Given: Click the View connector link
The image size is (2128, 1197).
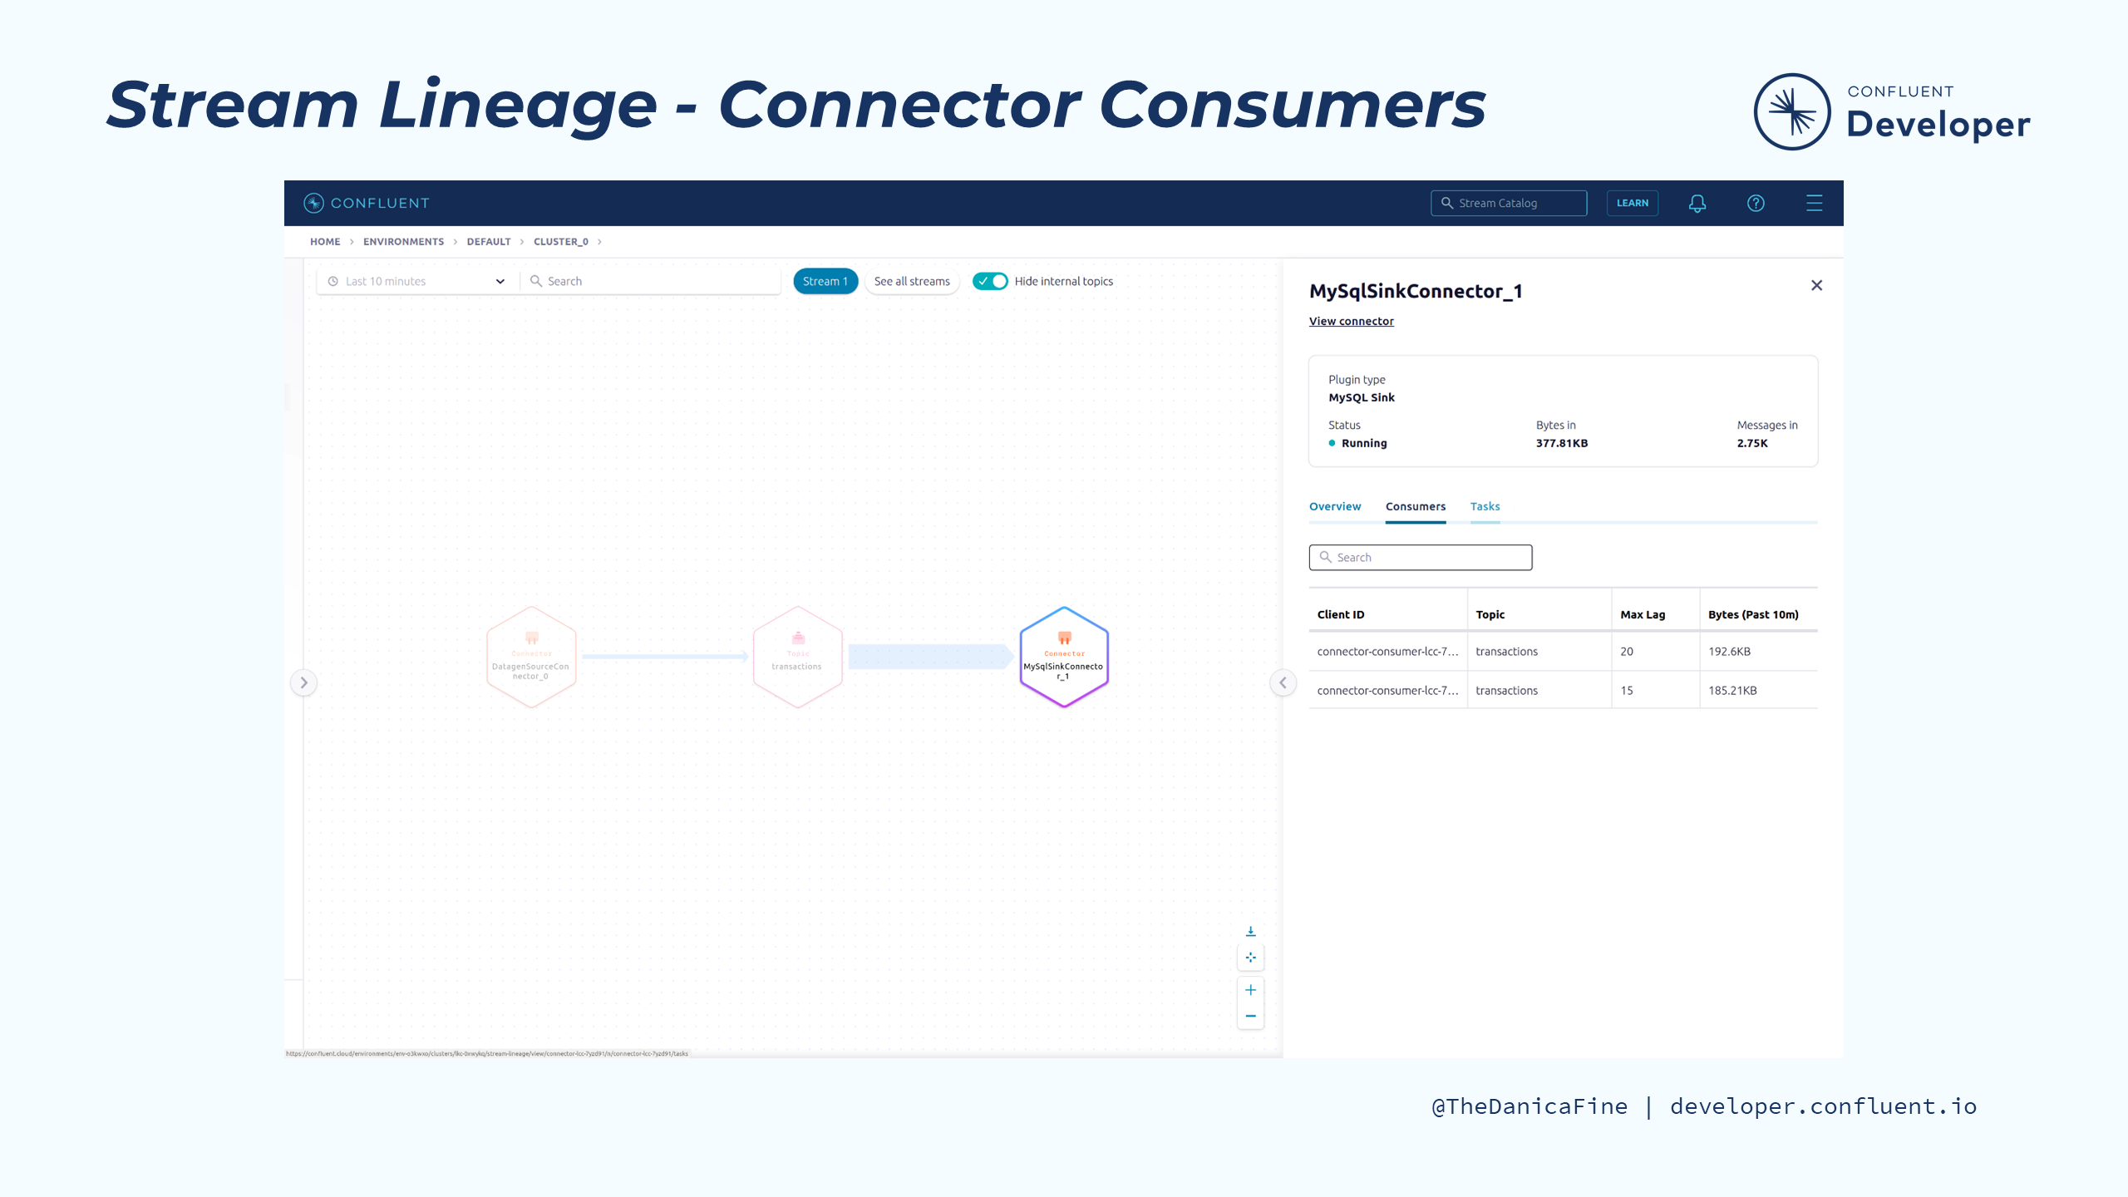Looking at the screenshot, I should pyautogui.click(x=1351, y=322).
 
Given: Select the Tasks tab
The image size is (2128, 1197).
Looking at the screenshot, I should pyautogui.click(x=1485, y=506).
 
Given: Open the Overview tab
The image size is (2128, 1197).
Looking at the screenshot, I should pyautogui.click(x=1335, y=506).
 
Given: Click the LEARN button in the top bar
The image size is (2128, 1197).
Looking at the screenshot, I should pyautogui.click(x=1632, y=203).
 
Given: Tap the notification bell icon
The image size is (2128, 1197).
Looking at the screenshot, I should pyautogui.click(x=1697, y=204).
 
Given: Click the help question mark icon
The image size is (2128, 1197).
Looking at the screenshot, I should pyautogui.click(x=1756, y=204).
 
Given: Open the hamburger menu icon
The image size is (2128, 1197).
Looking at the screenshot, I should pyautogui.click(x=1814, y=204).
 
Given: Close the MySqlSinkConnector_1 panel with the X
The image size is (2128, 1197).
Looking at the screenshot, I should pyautogui.click(x=1816, y=286).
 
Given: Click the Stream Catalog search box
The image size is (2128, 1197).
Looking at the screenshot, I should pyautogui.click(x=1509, y=204).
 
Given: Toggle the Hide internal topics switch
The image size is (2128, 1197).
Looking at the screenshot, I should pyautogui.click(x=990, y=282).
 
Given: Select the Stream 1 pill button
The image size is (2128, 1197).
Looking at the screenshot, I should pyautogui.click(x=825, y=282).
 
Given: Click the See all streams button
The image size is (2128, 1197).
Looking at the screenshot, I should pyautogui.click(x=912, y=282).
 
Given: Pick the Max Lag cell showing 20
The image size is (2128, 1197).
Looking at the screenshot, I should pyautogui.click(x=1627, y=652).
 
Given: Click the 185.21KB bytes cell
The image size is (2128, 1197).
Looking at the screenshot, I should pyautogui.click(x=1732, y=691).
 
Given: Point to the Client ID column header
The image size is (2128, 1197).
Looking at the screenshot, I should pyautogui.click(x=1341, y=615).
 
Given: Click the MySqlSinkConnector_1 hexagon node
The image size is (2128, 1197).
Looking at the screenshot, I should pyautogui.click(x=1064, y=658).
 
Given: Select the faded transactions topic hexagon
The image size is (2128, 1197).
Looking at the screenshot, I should pyautogui.click(x=797, y=658).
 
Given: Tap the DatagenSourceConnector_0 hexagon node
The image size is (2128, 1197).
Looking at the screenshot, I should pyautogui.click(x=531, y=658).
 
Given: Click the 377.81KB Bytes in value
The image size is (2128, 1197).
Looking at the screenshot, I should pyautogui.click(x=1561, y=444).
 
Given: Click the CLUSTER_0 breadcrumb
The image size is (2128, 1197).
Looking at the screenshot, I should pyautogui.click(x=560, y=242).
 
